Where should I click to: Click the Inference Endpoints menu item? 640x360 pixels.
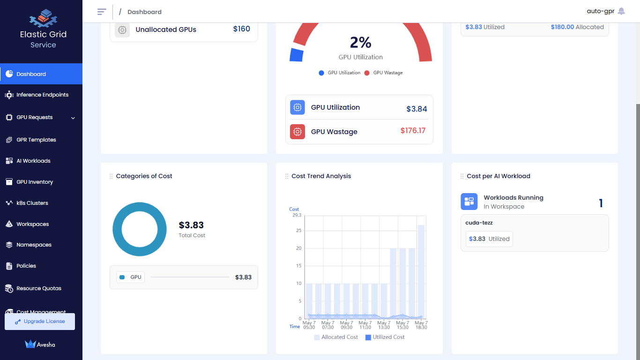click(x=42, y=95)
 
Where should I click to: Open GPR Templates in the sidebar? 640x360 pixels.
click(x=36, y=140)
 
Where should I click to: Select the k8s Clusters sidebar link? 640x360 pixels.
click(x=32, y=203)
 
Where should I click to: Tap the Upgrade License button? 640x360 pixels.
click(x=40, y=322)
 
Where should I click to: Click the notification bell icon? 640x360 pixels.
click(x=621, y=11)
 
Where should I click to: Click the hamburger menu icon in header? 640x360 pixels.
click(x=102, y=12)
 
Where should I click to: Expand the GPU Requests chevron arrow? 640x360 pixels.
click(x=73, y=118)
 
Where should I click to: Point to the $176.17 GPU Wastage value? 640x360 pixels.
click(x=413, y=131)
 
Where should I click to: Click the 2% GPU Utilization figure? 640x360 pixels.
click(x=360, y=43)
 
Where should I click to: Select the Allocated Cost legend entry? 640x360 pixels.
click(x=336, y=337)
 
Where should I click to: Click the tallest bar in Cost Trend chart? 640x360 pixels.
click(x=421, y=271)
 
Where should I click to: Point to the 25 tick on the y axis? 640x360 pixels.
click(x=298, y=231)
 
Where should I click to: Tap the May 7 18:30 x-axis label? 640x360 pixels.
click(x=421, y=325)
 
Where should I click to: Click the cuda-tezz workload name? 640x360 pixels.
click(x=479, y=223)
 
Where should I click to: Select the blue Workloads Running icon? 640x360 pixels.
click(x=469, y=202)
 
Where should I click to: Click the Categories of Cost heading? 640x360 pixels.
click(x=144, y=176)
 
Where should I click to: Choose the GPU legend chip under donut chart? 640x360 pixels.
click(x=131, y=277)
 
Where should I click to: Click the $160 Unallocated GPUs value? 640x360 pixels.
click(x=241, y=29)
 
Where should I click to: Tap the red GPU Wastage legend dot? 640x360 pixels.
click(x=367, y=73)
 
